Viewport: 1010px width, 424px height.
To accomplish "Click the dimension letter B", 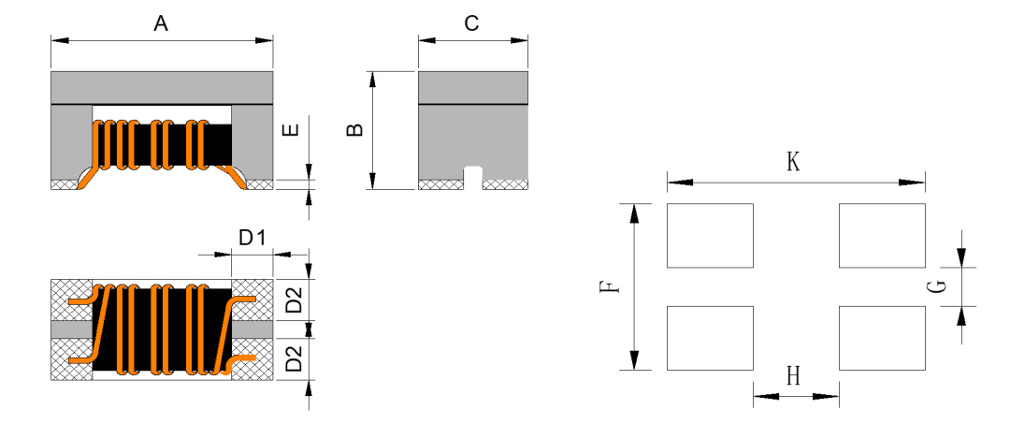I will pos(354,130).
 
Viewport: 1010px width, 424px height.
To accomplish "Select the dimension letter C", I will pos(472,24).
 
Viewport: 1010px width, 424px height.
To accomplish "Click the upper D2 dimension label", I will pos(294,300).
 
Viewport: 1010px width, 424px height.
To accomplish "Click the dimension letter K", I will pos(793,163).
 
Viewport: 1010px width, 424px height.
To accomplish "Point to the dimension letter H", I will pos(793,376).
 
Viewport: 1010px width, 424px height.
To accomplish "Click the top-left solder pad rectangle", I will pos(710,235).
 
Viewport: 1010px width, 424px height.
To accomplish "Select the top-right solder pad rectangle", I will pos(882,235).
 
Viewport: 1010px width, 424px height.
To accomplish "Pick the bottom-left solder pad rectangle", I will pos(710,338).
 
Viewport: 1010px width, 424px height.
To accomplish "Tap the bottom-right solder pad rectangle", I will pos(882,338).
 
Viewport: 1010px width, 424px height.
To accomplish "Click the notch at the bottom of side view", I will pos(473,176).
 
